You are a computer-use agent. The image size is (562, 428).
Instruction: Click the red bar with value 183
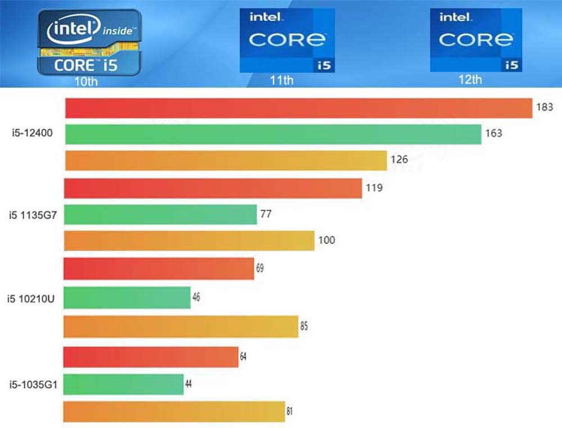298,108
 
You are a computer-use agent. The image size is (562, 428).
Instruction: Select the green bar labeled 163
273,134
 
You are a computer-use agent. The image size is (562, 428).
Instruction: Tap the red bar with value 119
213,188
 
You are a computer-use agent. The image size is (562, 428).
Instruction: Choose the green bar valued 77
161,214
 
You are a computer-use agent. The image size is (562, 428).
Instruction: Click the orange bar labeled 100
189,241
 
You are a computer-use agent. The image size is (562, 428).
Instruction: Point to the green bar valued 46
127,298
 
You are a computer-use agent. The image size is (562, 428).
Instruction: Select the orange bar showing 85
180,327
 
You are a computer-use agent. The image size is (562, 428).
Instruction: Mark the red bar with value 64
151,357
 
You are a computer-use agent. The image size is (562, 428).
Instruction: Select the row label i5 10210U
31,298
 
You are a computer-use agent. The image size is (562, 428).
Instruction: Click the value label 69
260,268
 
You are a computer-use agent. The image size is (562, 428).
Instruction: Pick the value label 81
289,411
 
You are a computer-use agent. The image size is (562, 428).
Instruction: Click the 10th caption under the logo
87,82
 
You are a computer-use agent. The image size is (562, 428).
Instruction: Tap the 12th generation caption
470,79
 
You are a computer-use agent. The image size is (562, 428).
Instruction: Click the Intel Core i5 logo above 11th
287,40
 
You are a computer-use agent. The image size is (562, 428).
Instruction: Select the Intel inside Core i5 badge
89,42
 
